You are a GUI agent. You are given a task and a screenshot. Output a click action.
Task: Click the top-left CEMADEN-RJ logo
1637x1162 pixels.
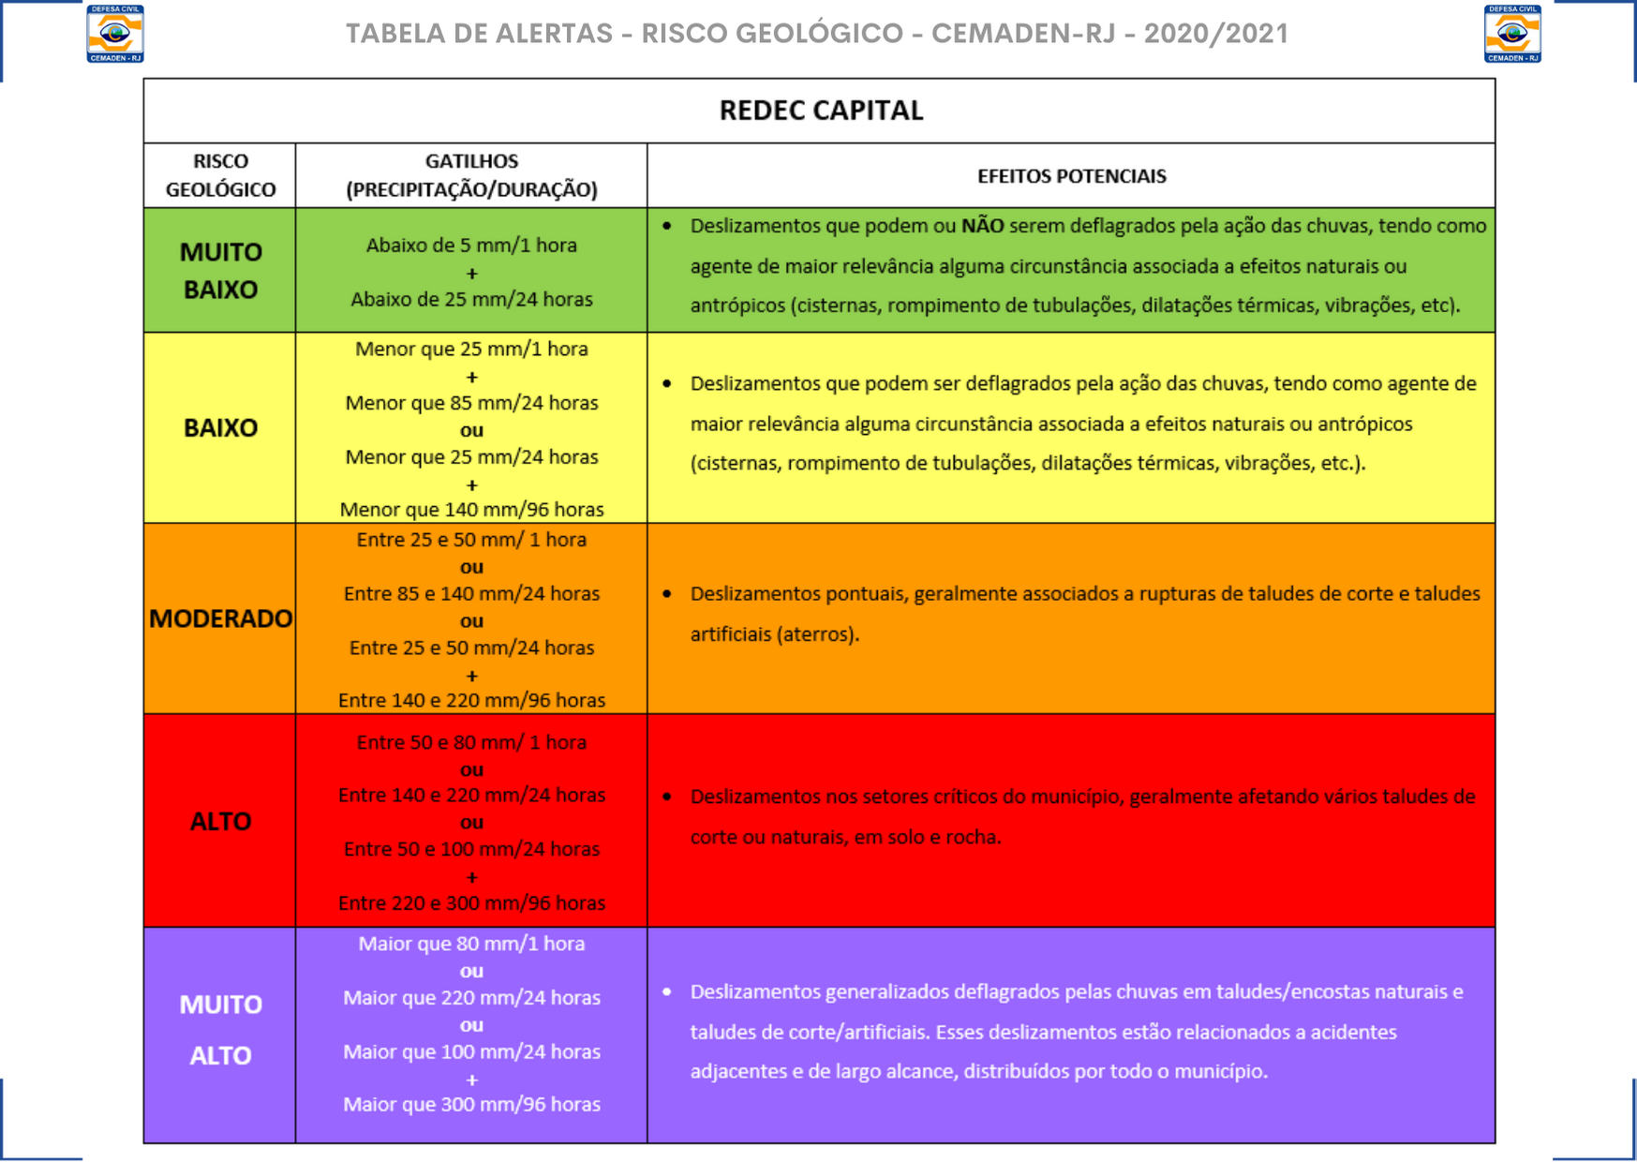coord(115,34)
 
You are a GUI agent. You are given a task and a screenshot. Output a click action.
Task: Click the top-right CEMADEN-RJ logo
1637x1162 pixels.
coord(1512,34)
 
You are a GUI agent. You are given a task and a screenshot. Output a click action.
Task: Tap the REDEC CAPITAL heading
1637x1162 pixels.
coord(821,111)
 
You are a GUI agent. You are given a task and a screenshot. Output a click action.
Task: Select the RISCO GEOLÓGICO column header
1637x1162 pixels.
coord(220,175)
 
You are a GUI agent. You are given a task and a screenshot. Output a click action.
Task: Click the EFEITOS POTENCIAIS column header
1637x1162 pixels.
coord(1071,176)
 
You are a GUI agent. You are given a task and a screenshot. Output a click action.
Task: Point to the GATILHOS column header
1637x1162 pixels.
coord(471,175)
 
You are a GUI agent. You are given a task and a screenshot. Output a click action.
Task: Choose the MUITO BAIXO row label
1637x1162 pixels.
coord(220,270)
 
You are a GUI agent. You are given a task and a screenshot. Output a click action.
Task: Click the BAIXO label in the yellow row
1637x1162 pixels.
coord(220,428)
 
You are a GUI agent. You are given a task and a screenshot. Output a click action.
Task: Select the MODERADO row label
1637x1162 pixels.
coord(220,618)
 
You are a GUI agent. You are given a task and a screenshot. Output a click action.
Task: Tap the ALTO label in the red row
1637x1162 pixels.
coord(220,822)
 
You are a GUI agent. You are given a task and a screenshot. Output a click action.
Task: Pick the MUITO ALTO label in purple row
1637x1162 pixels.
coord(220,1030)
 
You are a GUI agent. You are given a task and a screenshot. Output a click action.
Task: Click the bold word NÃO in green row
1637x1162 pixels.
coord(982,226)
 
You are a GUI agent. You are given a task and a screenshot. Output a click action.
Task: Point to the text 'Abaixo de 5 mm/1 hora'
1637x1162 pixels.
coord(471,246)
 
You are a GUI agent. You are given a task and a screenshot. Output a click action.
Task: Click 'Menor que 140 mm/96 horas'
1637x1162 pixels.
coord(471,510)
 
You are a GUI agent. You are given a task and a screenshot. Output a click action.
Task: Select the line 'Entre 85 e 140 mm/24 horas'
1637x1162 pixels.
coord(471,593)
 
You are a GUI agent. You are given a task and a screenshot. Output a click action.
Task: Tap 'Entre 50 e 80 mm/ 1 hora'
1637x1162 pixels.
coord(471,742)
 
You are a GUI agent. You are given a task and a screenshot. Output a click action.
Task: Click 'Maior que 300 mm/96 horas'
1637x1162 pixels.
coord(471,1104)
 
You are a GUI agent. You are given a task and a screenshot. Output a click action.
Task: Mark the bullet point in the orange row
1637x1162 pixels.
coord(667,594)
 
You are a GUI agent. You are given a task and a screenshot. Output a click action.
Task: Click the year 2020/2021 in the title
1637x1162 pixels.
coord(1215,34)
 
